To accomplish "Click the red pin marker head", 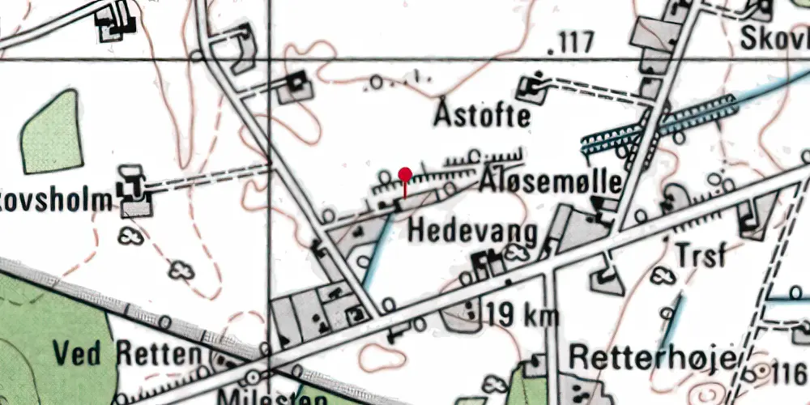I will (x=405, y=173).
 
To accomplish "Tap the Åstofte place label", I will (x=482, y=115).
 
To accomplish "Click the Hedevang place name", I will (x=473, y=232).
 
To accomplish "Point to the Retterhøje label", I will (x=652, y=357).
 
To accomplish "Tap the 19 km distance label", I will (x=523, y=315).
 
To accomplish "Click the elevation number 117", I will (x=572, y=43).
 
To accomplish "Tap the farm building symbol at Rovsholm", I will (x=130, y=188).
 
